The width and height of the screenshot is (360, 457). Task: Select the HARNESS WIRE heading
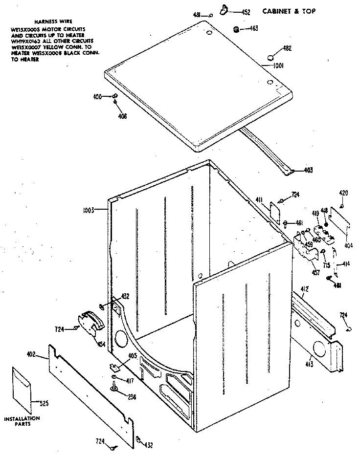(x=46, y=22)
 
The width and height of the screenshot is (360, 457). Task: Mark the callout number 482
(x=287, y=48)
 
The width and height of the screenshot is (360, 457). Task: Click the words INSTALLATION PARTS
(x=22, y=421)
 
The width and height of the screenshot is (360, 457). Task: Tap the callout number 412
(x=304, y=290)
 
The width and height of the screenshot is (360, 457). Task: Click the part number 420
(x=344, y=194)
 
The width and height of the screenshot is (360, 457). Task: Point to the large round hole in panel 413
(x=319, y=349)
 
